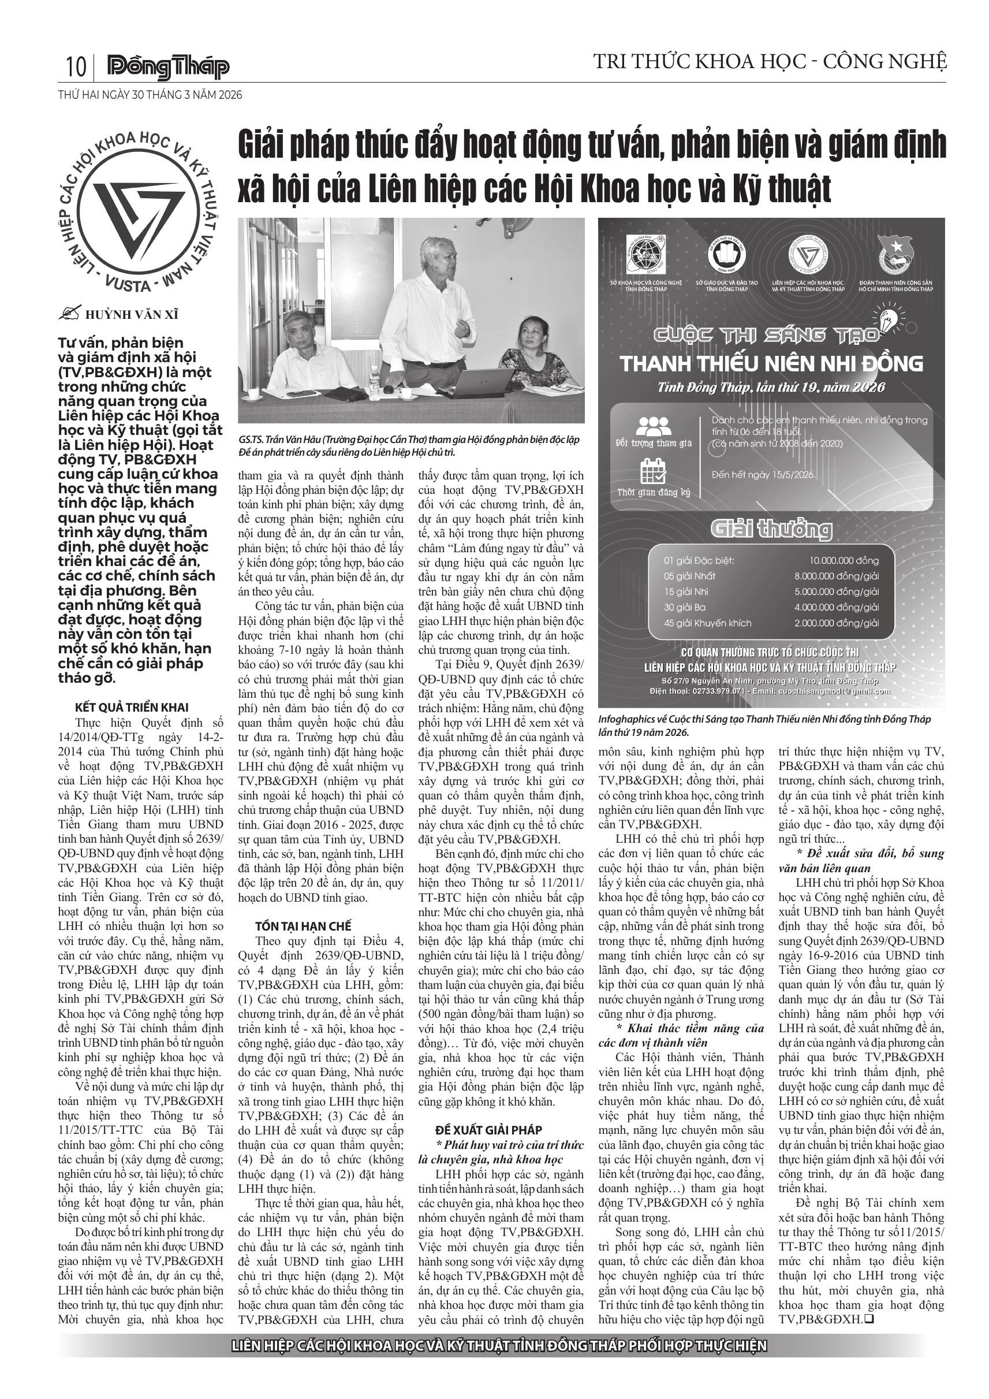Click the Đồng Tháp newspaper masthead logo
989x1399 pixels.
coord(168,68)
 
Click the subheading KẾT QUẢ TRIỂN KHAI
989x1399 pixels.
coord(132,708)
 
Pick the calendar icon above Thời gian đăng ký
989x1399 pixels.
coord(653,472)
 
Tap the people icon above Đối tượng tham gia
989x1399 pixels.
coord(653,425)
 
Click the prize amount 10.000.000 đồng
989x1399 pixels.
coord(844,560)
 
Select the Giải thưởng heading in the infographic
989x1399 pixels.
coord(771,529)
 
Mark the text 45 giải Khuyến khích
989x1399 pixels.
coord(708,623)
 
